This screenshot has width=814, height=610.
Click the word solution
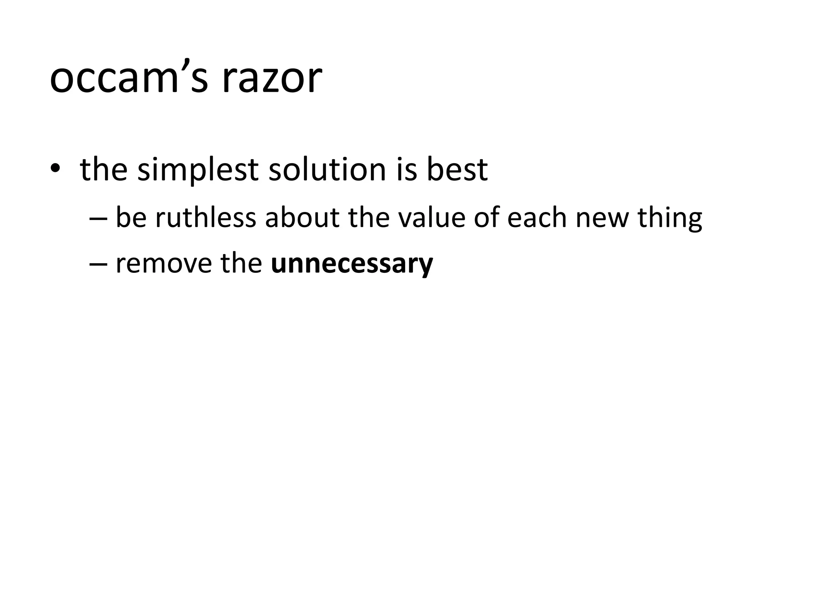tap(327, 169)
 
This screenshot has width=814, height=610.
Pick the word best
tap(457, 169)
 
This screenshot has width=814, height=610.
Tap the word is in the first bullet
tap(406, 169)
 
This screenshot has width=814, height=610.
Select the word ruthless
tap(205, 218)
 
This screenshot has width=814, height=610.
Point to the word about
tap(302, 218)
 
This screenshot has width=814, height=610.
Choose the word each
tap(537, 218)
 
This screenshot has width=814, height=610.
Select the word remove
tap(164, 264)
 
